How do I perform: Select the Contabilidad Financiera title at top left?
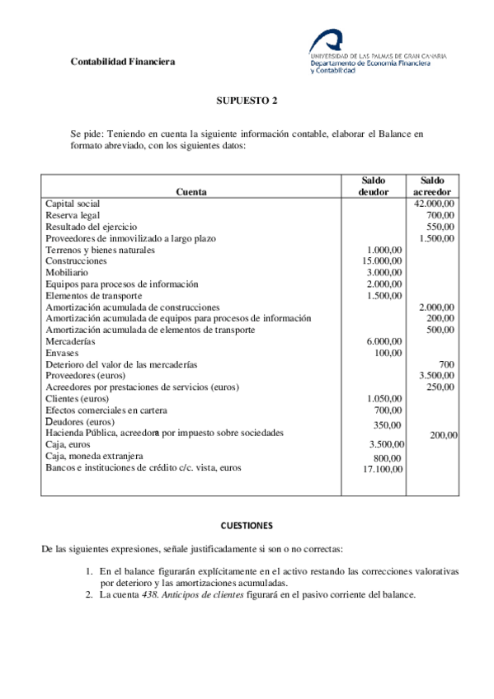(x=122, y=61)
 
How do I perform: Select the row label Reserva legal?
(x=73, y=214)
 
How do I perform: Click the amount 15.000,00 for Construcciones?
(x=383, y=260)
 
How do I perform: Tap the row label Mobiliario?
(x=67, y=272)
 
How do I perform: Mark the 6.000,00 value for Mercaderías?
(x=385, y=341)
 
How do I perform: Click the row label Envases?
(x=62, y=353)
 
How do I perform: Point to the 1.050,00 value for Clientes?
(x=385, y=399)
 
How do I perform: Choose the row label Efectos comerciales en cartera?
(x=106, y=410)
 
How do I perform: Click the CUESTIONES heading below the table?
(x=247, y=525)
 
